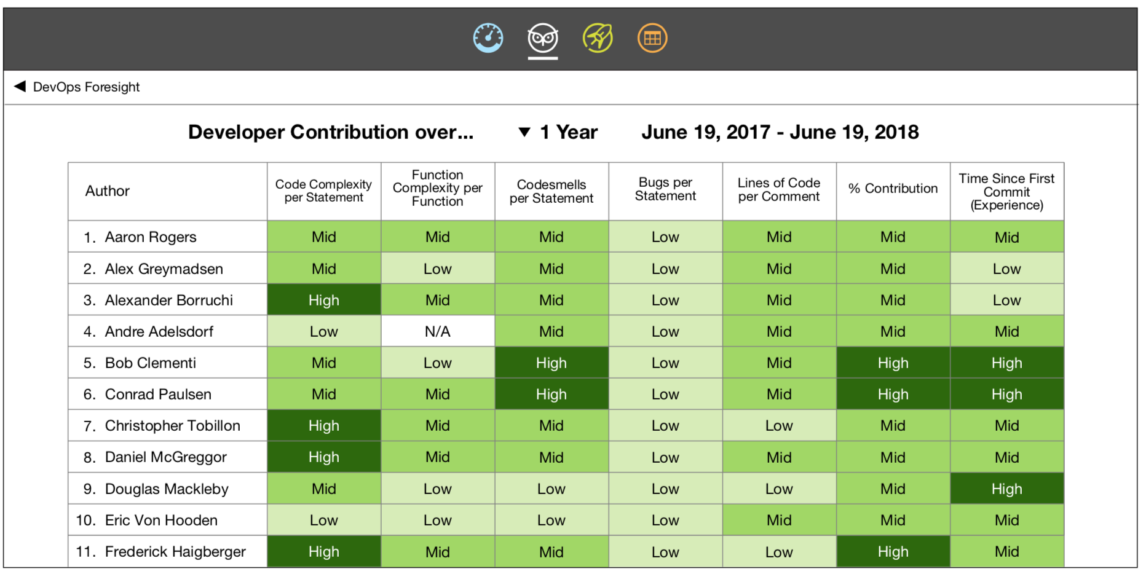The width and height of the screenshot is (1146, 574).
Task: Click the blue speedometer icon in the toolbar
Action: click(488, 38)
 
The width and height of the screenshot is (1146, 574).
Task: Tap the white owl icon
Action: click(543, 38)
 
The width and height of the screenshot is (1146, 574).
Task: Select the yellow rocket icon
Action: click(598, 38)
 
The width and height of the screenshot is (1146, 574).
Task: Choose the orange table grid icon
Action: click(652, 38)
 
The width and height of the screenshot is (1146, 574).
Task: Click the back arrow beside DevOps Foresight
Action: click(20, 87)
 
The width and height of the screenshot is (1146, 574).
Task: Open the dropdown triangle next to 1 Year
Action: click(524, 132)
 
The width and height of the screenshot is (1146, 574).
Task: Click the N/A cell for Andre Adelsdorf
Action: click(438, 332)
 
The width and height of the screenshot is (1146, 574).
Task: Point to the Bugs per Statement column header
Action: click(665, 190)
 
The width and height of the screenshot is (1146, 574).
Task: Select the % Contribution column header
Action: click(893, 189)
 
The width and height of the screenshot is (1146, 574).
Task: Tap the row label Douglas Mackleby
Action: click(167, 489)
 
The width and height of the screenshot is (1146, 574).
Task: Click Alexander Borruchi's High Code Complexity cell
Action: click(324, 301)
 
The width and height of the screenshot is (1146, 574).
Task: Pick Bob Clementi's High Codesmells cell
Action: click(551, 363)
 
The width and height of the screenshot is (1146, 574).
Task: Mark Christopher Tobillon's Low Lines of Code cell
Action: click(779, 426)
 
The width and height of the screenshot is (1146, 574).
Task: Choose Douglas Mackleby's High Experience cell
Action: click(1006, 489)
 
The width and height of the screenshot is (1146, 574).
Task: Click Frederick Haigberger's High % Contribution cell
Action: click(893, 552)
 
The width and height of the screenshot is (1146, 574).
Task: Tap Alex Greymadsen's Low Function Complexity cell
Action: click(438, 269)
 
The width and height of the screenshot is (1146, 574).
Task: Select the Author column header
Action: click(108, 191)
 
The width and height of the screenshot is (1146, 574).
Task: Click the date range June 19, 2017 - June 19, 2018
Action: click(780, 132)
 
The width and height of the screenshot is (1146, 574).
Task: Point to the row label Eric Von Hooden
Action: click(161, 521)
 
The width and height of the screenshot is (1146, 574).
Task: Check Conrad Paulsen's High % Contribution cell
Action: click(893, 395)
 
